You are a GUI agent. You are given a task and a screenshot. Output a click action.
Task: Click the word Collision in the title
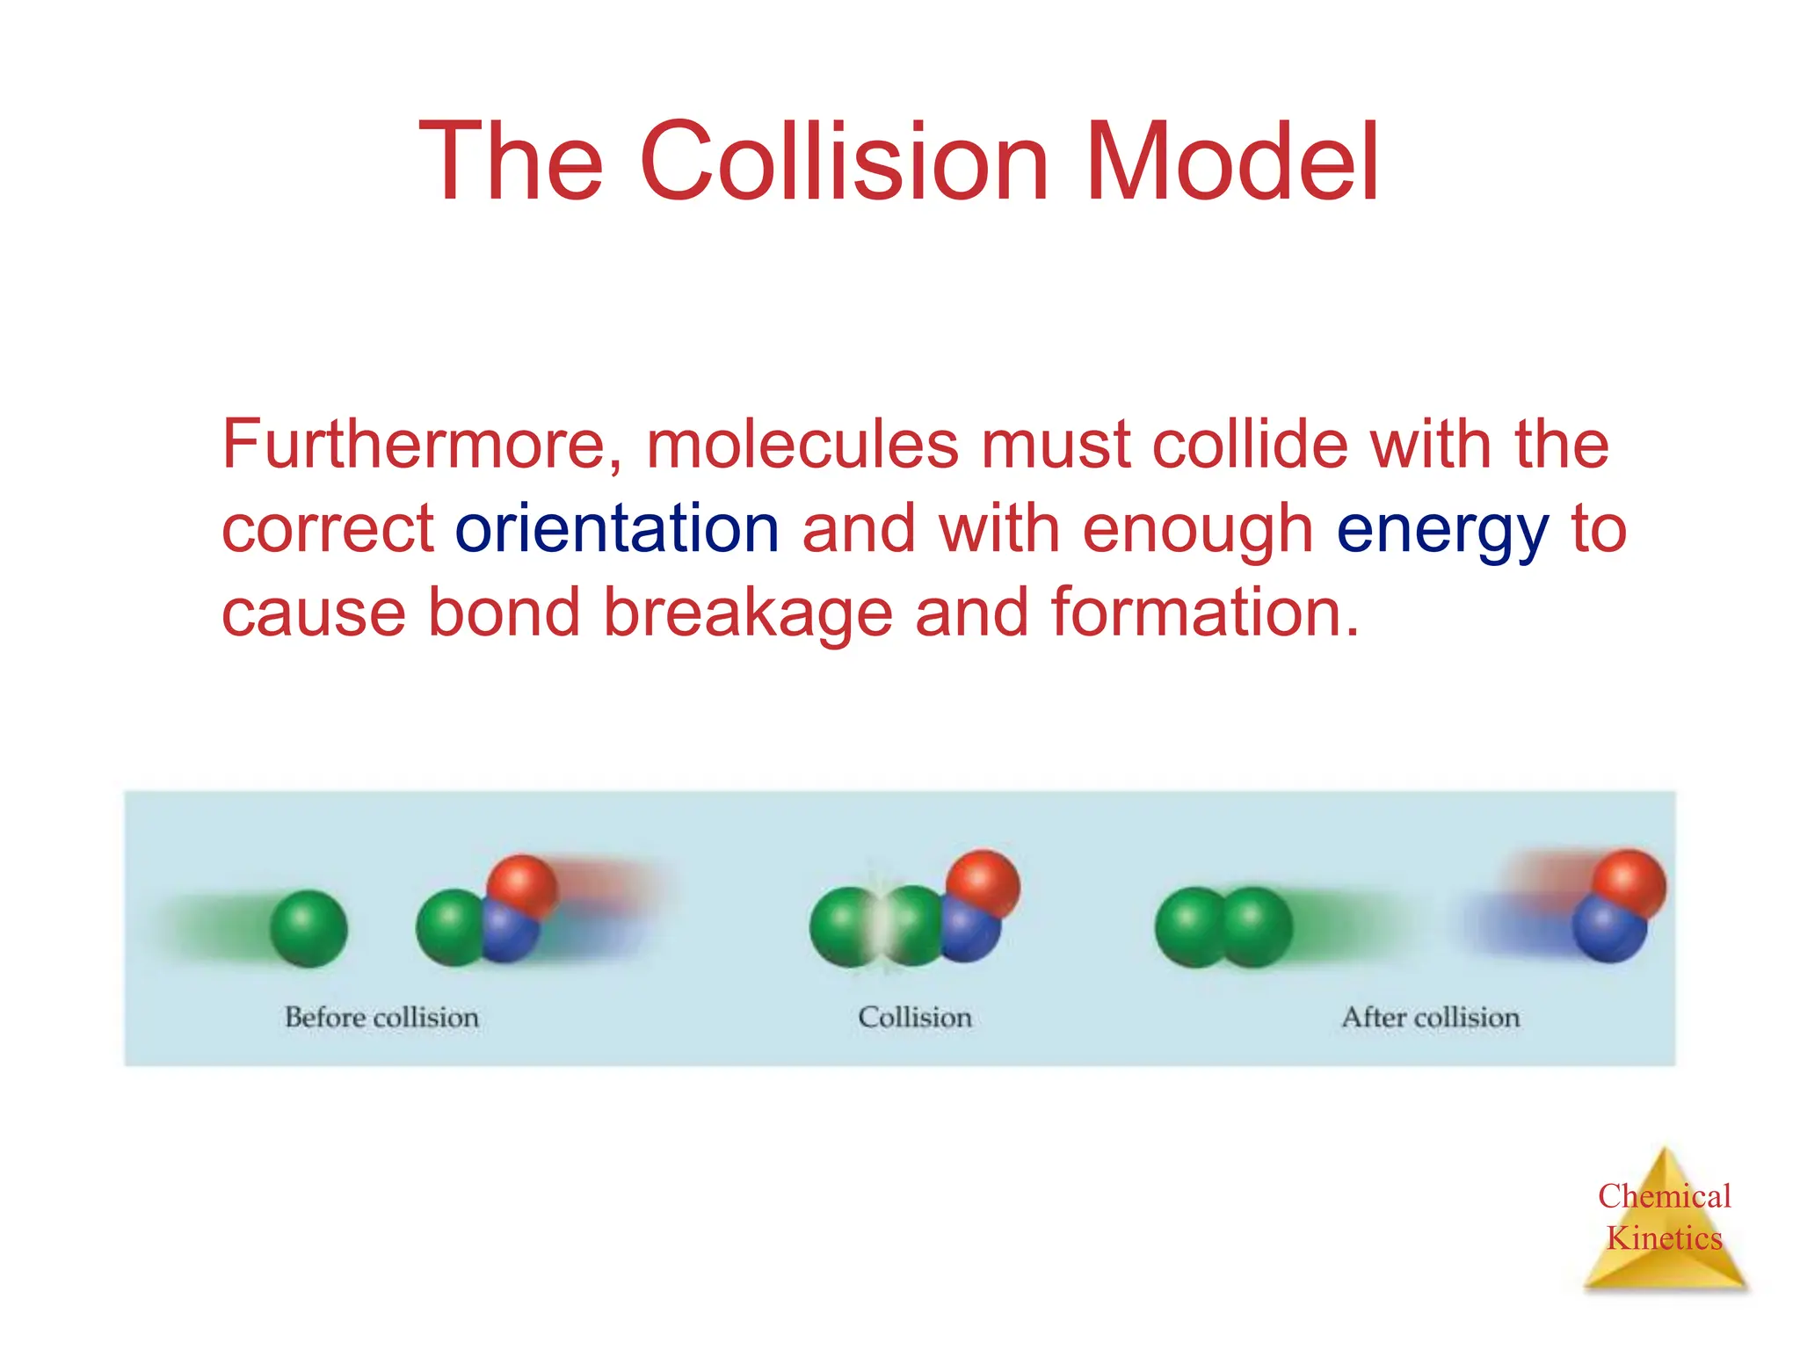tap(844, 163)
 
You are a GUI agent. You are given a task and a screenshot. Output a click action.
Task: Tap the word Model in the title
tap(1232, 163)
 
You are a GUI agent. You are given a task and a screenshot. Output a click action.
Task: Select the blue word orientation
tap(617, 529)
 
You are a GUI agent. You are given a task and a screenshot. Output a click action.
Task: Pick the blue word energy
tap(1441, 531)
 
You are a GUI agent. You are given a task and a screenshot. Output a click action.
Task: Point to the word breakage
tap(747, 613)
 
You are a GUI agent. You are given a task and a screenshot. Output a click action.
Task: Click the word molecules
tap(802, 445)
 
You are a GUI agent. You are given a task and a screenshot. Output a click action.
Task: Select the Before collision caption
tap(381, 1018)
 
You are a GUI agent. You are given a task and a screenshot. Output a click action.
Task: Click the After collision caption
tap(1430, 1018)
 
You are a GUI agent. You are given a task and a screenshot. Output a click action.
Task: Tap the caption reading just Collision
tap(914, 1018)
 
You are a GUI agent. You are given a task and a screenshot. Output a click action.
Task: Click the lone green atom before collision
tap(308, 928)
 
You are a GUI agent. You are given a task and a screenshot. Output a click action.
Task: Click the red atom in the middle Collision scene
tap(984, 883)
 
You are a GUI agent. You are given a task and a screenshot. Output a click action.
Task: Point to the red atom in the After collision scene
tap(1629, 883)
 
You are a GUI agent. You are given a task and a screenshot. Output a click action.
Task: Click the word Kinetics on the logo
tap(1664, 1238)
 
